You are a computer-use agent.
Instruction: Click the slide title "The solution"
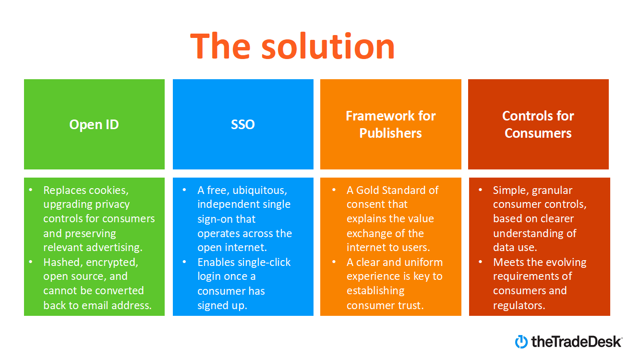point(292,47)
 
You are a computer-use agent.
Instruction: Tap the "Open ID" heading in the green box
point(94,124)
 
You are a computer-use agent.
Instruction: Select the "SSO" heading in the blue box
point(243,124)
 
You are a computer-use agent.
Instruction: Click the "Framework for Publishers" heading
point(390,124)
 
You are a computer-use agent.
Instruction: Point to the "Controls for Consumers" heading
point(538,124)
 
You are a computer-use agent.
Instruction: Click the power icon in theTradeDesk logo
point(521,341)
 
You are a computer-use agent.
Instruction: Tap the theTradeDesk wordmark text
point(576,341)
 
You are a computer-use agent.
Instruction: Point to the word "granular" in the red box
point(551,190)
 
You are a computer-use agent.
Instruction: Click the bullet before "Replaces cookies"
point(31,190)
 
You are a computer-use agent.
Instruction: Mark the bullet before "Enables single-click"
point(185,262)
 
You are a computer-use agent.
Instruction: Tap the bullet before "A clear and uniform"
point(334,262)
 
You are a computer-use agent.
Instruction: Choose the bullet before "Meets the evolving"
point(481,262)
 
